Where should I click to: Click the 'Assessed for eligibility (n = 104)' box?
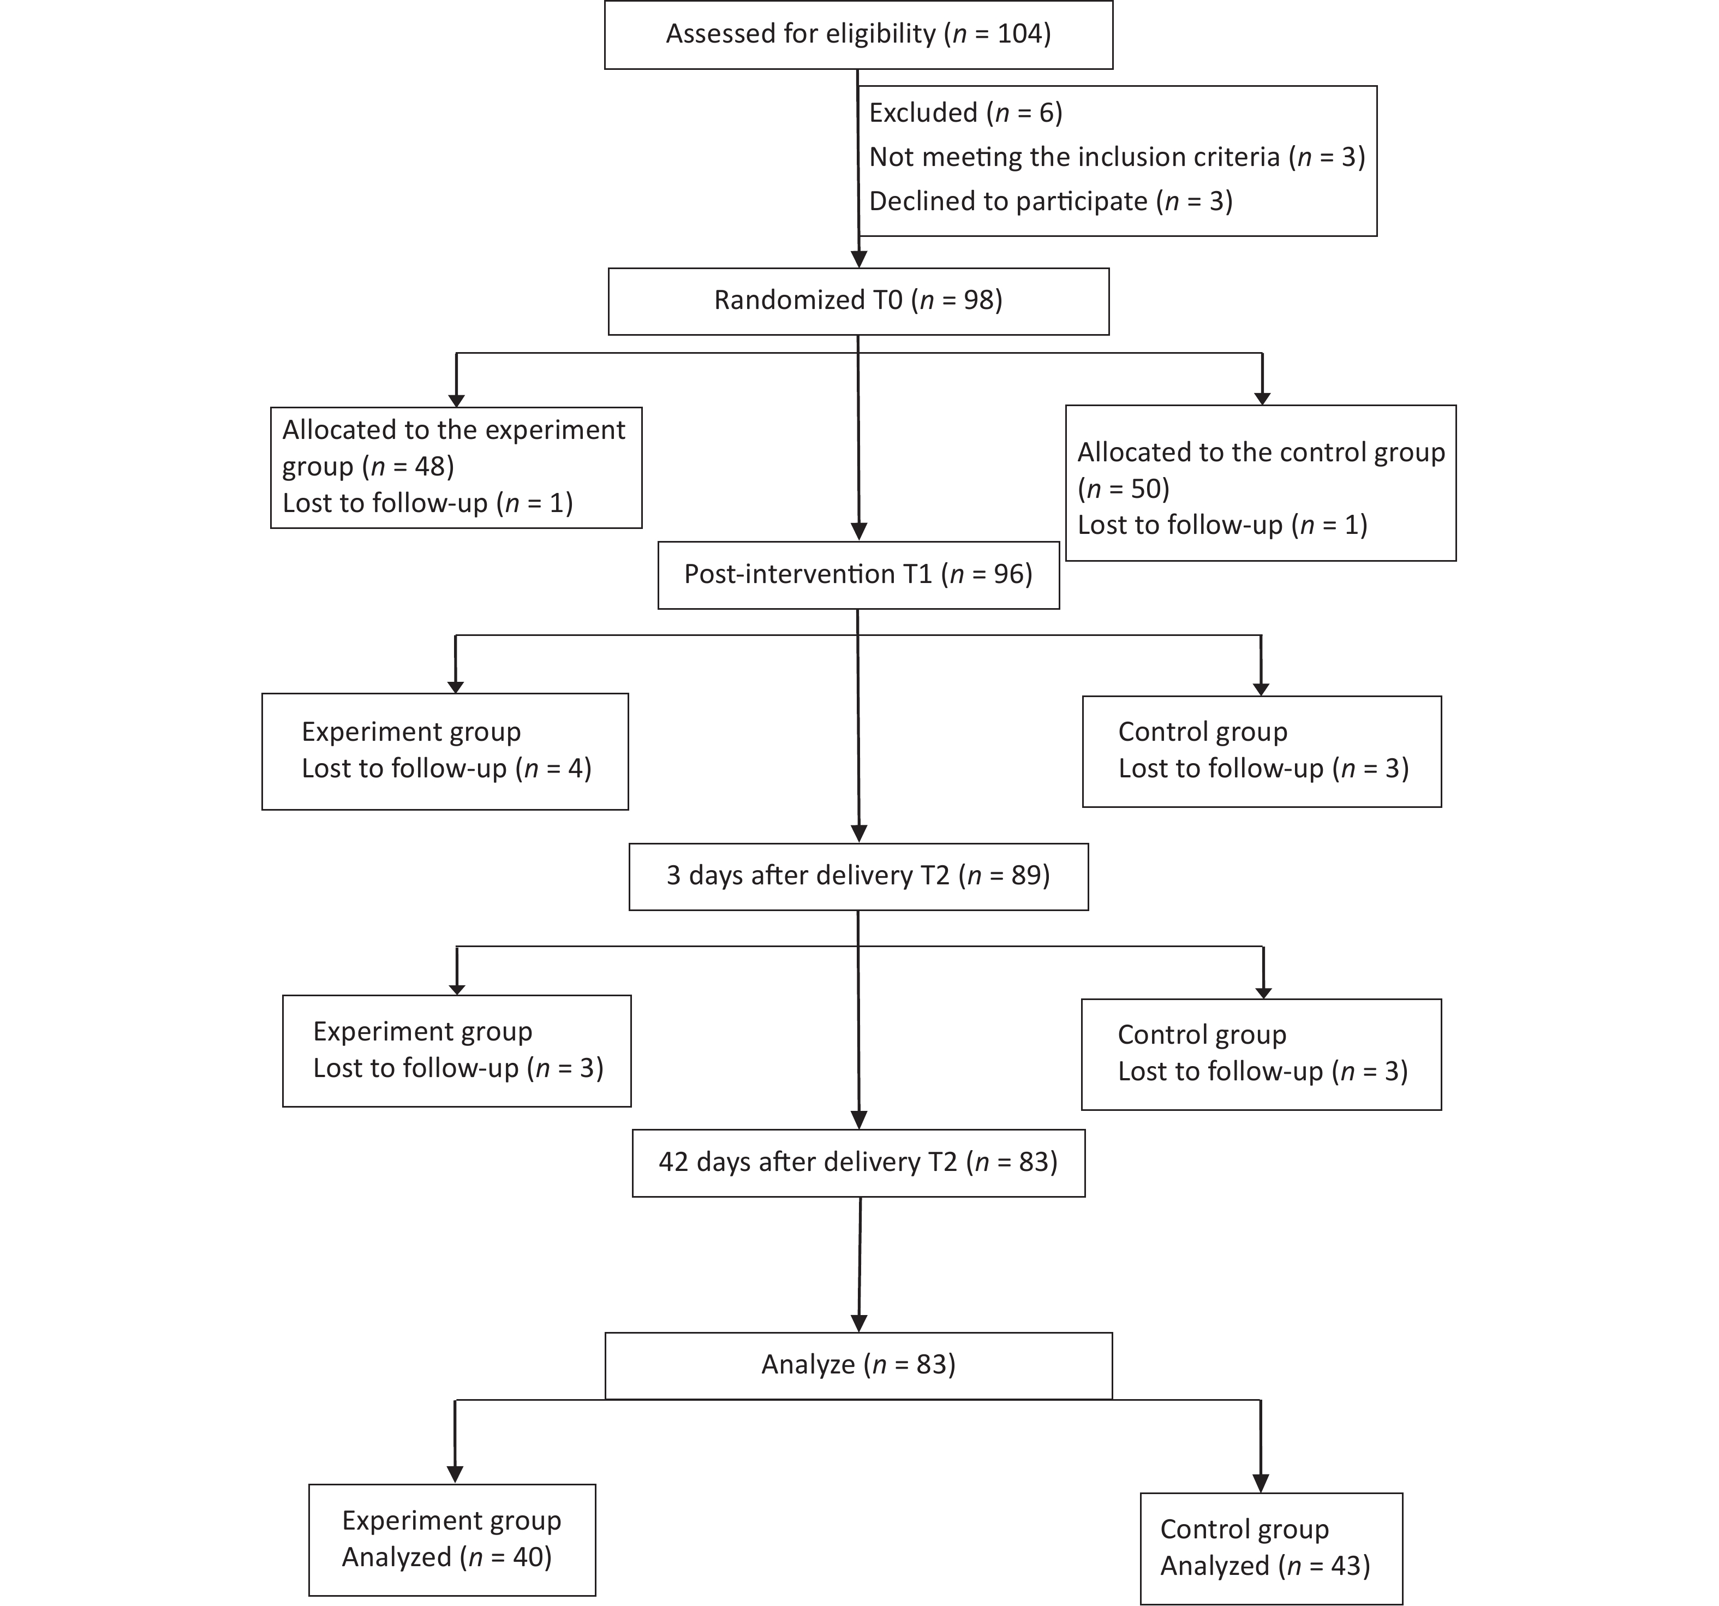[x=858, y=34]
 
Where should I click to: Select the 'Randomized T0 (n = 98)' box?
[x=858, y=301]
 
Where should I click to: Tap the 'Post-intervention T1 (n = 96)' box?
[x=858, y=575]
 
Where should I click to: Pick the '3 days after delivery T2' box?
[x=858, y=876]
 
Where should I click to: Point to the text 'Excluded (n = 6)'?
[x=966, y=112]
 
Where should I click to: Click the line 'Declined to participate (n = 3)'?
[x=1050, y=201]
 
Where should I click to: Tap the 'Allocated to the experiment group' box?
[x=457, y=467]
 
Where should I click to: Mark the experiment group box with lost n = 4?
[x=445, y=752]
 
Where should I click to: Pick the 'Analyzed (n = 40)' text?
[x=447, y=1557]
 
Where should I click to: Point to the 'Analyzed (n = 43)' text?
[x=1265, y=1566]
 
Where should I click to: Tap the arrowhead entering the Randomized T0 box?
[x=858, y=259]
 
